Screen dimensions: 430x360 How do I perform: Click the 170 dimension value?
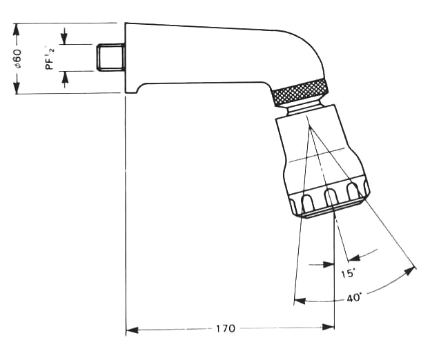226,328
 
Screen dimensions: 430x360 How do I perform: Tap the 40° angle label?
355,298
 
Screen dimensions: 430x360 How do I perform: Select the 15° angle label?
349,273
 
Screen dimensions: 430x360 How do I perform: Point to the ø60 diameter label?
17,59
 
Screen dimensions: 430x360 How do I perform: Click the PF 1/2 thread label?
50,59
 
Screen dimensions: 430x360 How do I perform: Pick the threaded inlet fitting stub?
110,57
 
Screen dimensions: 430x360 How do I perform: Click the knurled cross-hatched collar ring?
300,92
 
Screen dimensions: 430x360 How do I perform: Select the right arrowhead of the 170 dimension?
329,328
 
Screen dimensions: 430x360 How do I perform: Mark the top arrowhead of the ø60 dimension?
17,29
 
